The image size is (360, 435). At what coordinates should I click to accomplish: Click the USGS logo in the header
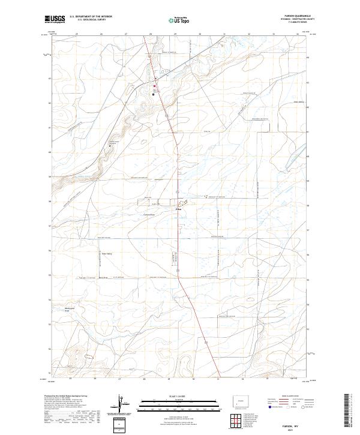pyautogui.click(x=55, y=19)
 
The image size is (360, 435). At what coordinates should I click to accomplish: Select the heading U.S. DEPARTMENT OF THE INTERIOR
pyautogui.click(x=91, y=17)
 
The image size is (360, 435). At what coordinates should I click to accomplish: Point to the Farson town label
pyautogui.click(x=178, y=209)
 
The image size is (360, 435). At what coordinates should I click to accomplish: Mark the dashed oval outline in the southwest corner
pyautogui.click(x=89, y=356)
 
